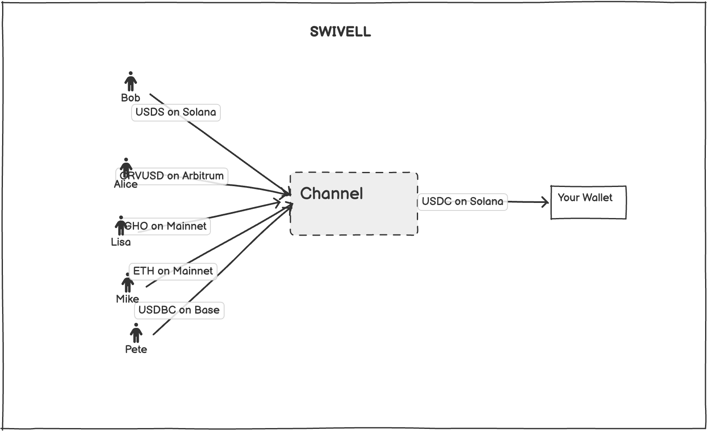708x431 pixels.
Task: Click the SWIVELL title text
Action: click(340, 31)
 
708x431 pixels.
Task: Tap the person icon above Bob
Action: click(131, 81)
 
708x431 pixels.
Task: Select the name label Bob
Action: click(131, 98)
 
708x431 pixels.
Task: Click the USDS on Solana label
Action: click(176, 112)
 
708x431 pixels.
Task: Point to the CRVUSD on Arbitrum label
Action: click(172, 176)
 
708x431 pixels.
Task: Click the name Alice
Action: click(126, 184)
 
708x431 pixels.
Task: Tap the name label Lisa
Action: click(121, 242)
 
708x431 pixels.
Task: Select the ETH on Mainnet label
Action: click(173, 271)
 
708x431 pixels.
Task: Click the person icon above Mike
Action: click(128, 283)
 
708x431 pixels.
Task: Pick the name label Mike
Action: click(127, 299)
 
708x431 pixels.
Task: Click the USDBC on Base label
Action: click(179, 310)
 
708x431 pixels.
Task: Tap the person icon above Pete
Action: click(136, 333)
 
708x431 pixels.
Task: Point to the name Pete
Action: click(136, 349)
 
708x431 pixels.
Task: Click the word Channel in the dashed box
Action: click(331, 194)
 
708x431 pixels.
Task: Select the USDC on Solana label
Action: click(463, 202)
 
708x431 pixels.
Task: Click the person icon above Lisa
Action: click(121, 226)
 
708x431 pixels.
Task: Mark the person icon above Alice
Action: click(126, 168)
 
